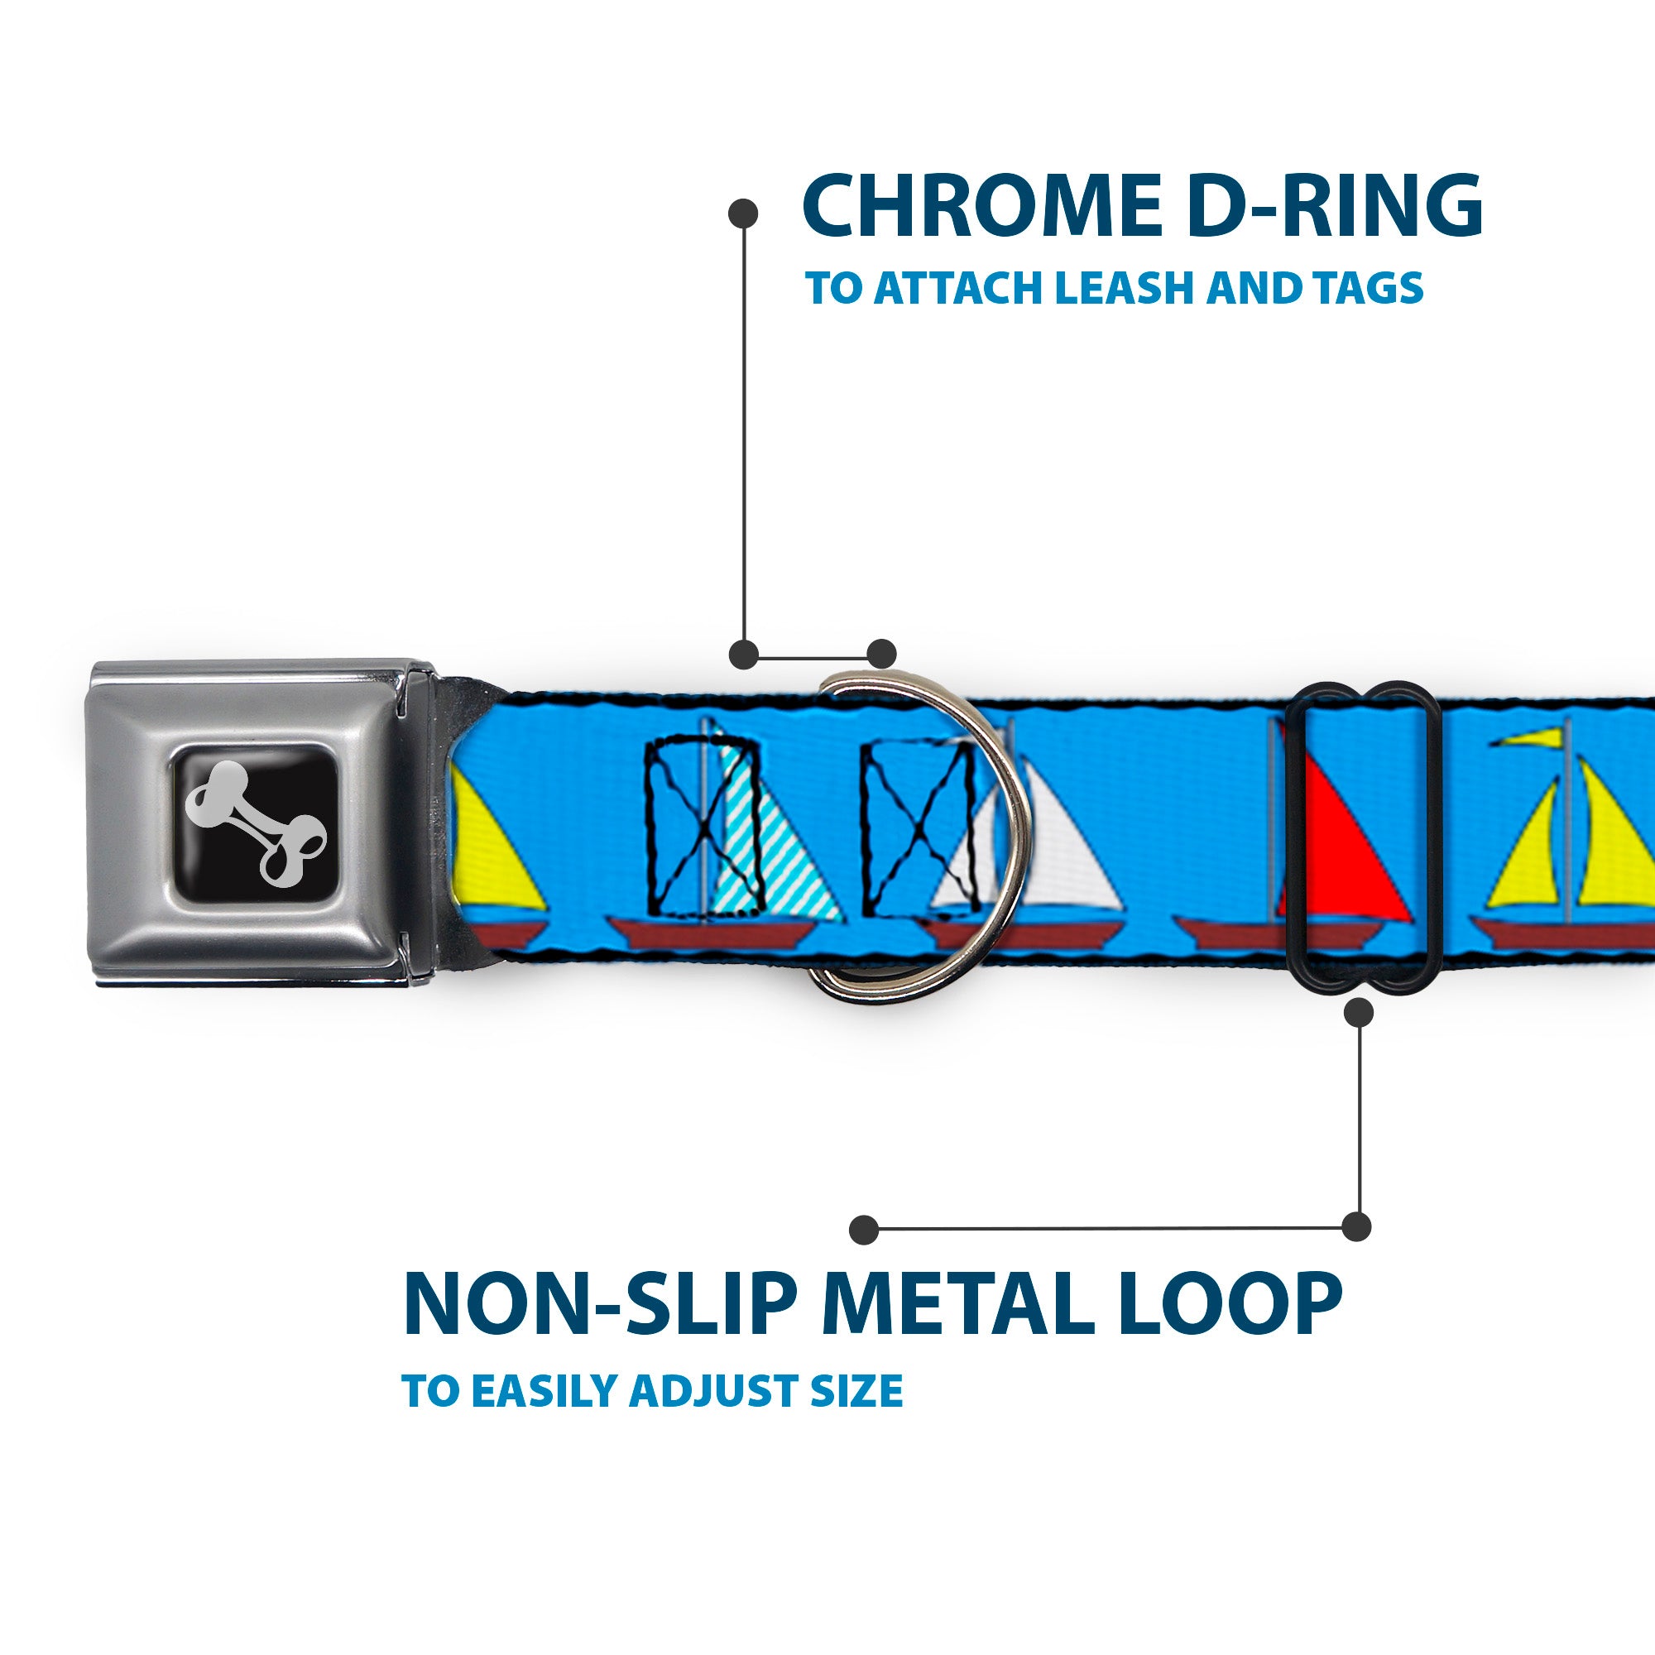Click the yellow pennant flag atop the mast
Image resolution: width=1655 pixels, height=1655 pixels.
[x=1533, y=736]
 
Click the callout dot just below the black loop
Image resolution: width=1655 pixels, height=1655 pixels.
[x=1360, y=1014]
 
